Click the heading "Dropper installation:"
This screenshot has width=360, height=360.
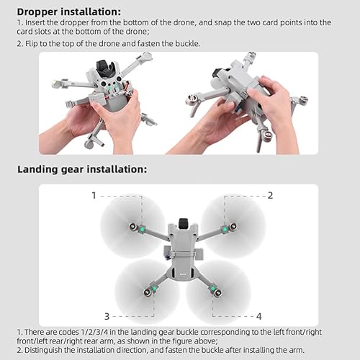click(x=69, y=12)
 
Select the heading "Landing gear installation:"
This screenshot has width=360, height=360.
click(x=82, y=169)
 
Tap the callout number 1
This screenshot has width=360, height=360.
click(x=94, y=195)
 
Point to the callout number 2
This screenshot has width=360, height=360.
click(x=270, y=195)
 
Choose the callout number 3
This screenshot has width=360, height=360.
click(x=106, y=316)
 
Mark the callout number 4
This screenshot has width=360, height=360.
click(x=258, y=316)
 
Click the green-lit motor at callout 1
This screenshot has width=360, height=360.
click(x=142, y=229)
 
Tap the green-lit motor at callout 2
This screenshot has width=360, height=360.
click(x=224, y=229)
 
